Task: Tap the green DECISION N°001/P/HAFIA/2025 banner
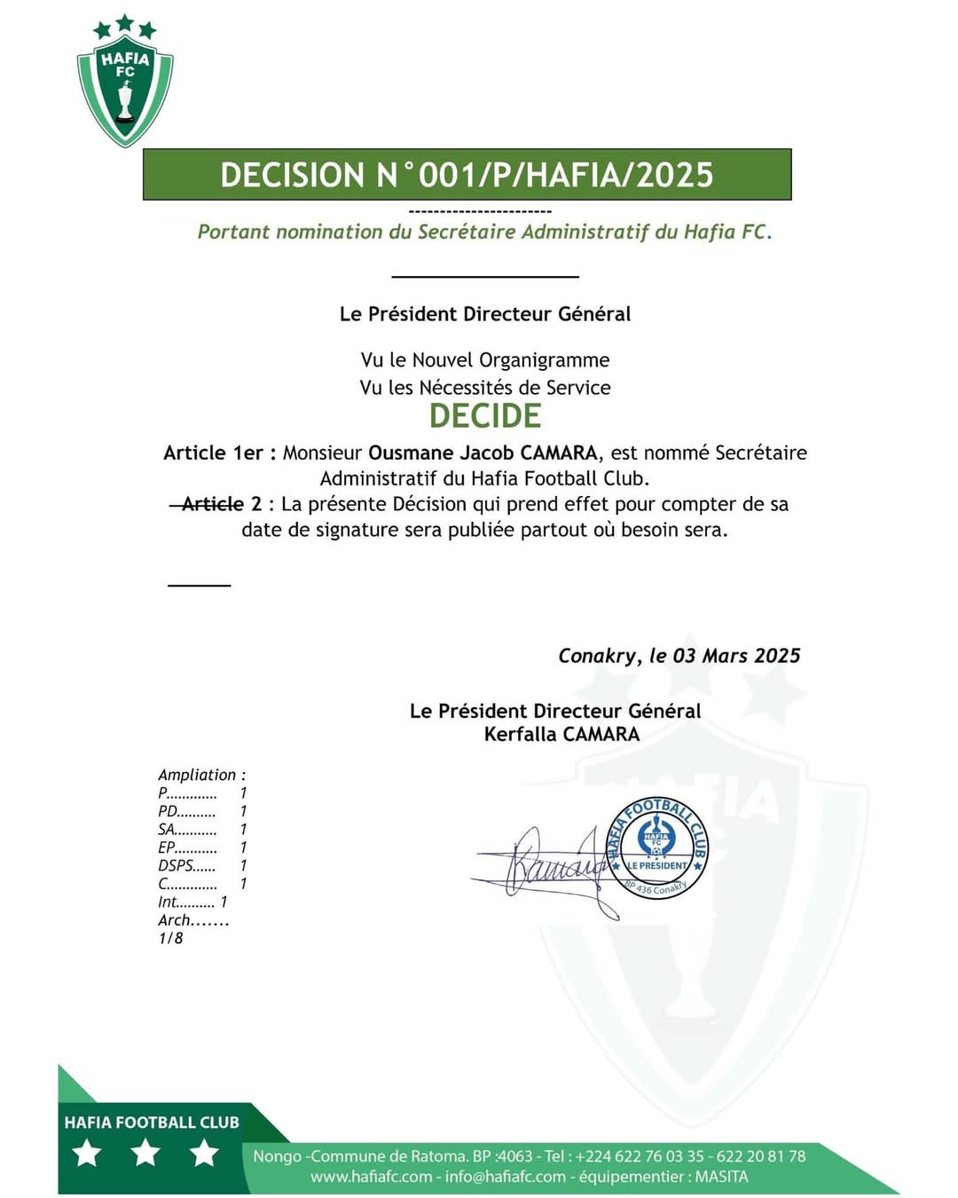tap(467, 175)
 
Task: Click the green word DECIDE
tap(484, 416)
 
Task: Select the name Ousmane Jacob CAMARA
tap(483, 453)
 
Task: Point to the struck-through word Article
tap(212, 504)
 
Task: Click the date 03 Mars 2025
tap(736, 656)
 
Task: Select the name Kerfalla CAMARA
tap(561, 734)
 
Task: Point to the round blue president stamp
tap(657, 847)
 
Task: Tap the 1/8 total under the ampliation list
tap(170, 938)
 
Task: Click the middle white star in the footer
tap(145, 1153)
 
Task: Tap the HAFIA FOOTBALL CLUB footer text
tap(152, 1123)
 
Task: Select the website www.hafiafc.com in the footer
tap(371, 1177)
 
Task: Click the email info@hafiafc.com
tap(506, 1177)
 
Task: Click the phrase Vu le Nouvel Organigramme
tap(484, 360)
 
